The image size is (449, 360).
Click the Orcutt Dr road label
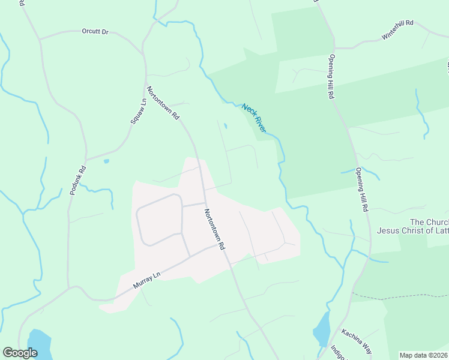95,31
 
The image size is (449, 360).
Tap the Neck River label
254,117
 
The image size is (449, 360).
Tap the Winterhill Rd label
397,31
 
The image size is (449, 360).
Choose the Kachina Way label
357,340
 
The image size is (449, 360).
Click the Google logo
20,353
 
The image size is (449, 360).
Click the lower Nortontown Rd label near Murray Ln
214,229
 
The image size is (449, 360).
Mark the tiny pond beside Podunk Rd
106,161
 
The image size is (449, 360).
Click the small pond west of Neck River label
225,126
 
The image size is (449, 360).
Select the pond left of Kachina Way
322,329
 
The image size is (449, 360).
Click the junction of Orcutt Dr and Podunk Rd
40,40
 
